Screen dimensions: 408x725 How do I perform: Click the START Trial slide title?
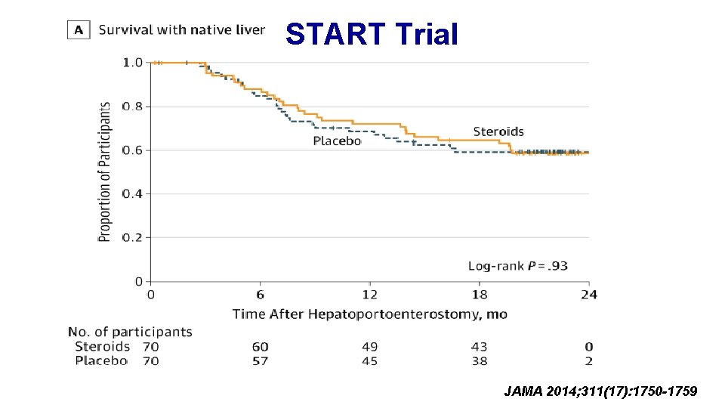[x=372, y=34]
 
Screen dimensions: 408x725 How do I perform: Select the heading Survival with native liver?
[x=182, y=30]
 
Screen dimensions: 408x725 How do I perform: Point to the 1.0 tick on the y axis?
[x=132, y=63]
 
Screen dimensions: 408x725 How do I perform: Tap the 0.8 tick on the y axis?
[x=132, y=107]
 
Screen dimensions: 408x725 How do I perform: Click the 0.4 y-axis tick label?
[x=132, y=194]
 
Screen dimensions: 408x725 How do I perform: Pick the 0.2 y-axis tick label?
[x=132, y=238]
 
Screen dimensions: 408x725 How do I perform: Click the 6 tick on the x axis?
[x=261, y=294]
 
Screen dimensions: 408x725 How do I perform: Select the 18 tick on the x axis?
[x=480, y=294]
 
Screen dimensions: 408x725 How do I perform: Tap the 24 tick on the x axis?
[x=589, y=294]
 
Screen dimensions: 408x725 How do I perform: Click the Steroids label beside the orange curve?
[x=498, y=131]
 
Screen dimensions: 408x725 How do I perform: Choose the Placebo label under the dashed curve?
[x=338, y=141]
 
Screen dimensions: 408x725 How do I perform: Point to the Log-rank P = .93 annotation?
[x=518, y=265]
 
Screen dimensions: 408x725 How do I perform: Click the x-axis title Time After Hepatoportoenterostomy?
[x=369, y=314]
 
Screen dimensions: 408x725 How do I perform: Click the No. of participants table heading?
[x=130, y=332]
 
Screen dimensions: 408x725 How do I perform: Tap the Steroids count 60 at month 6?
[x=261, y=347]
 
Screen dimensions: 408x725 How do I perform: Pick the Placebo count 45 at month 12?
[x=369, y=361]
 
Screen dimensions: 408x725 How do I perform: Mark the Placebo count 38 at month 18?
[x=479, y=361]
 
